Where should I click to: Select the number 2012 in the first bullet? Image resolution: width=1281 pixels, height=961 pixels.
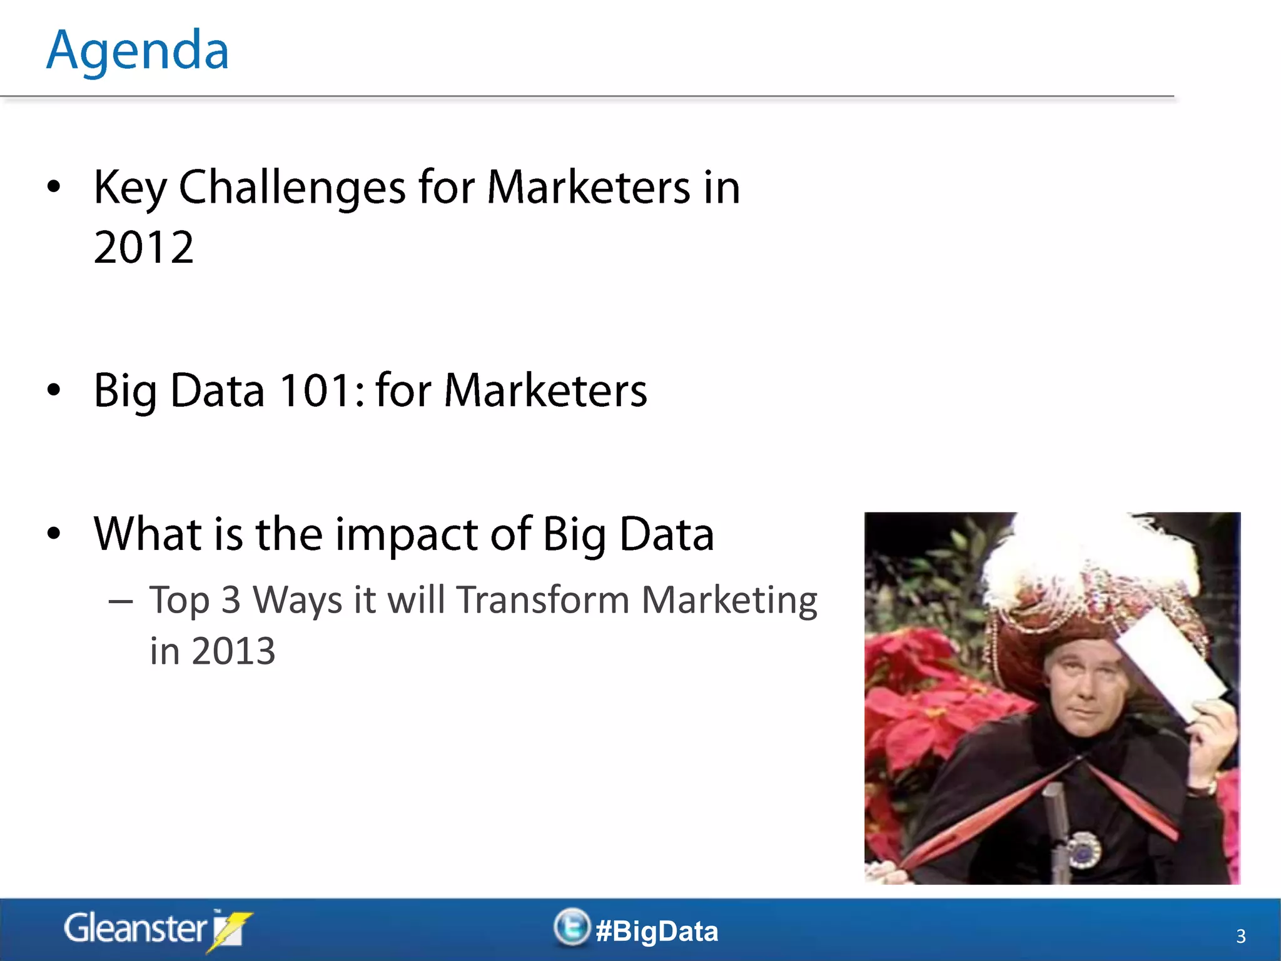pyautogui.click(x=144, y=248)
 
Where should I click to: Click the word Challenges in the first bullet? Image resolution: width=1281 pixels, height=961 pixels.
pyautogui.click(x=292, y=188)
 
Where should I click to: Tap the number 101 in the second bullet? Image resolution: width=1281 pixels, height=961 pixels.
pyautogui.click(x=315, y=390)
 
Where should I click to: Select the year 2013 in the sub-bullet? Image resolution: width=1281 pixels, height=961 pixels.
pyautogui.click(x=233, y=651)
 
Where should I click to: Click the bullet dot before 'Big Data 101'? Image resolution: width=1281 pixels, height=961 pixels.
pyautogui.click(x=54, y=390)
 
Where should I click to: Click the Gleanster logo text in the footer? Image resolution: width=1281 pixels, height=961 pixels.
pyautogui.click(x=135, y=928)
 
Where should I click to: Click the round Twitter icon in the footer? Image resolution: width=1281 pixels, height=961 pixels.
pyautogui.click(x=571, y=927)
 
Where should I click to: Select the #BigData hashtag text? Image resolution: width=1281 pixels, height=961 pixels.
pyautogui.click(x=657, y=932)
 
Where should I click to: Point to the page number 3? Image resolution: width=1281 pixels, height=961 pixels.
pyautogui.click(x=1241, y=936)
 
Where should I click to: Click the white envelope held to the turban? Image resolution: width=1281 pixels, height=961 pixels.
pyautogui.click(x=1170, y=663)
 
